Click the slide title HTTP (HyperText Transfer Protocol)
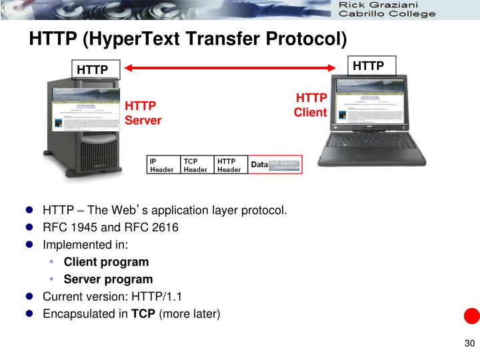188,39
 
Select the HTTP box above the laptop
368,65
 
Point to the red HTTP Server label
143,113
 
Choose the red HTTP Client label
311,105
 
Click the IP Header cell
163,165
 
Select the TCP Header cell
197,165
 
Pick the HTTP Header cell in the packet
230,165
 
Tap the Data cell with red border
275,165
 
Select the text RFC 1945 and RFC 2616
111,227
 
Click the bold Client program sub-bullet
106,262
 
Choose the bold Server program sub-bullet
108,279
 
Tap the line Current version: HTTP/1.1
112,297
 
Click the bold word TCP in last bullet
143,314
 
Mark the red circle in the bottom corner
471,315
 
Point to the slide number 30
468,344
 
